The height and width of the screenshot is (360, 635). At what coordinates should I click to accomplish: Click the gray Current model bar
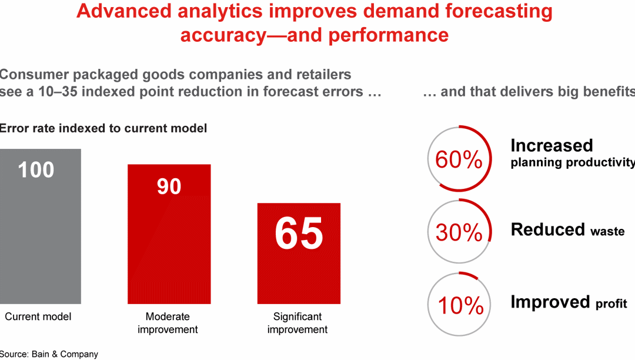pos(40,235)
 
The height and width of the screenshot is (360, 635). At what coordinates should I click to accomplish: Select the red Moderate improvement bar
pos(169,247)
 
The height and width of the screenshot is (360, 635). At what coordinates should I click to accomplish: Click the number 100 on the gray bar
pos(36,170)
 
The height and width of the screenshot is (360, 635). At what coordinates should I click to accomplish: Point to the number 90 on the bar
pos(169,186)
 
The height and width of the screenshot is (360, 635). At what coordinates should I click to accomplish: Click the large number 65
pos(299,234)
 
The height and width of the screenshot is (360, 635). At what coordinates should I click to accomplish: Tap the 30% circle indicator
pos(459,232)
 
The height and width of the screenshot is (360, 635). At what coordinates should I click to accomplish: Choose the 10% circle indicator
pos(459,305)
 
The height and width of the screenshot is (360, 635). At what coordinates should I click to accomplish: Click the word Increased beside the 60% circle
pos(552,146)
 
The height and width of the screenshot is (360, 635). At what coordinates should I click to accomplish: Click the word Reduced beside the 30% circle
pos(548,229)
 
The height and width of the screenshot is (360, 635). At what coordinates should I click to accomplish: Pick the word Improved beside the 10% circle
pos(550,302)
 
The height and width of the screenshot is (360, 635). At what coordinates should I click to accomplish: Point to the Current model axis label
pos(38,316)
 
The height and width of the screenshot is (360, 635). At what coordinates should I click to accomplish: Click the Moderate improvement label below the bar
pos(168,323)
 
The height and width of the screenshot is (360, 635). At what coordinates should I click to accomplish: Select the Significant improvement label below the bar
pos(298,323)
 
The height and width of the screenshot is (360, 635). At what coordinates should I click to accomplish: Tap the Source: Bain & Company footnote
pos(49,354)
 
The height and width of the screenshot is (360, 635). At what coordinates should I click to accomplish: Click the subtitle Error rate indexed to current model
pos(103,128)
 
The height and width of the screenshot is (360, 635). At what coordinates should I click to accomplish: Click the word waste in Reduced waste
pos(607,231)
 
